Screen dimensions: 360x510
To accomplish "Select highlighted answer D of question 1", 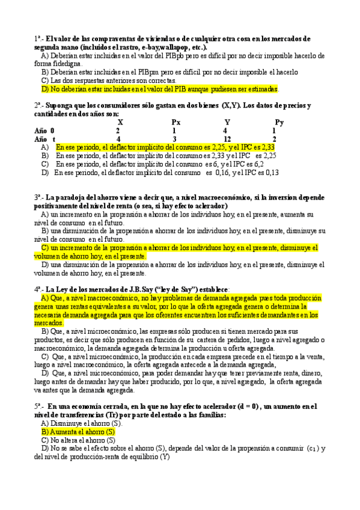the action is (x=159, y=89).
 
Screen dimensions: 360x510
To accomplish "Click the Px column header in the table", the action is (x=175, y=122).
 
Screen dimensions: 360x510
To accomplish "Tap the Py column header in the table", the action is (x=279, y=122).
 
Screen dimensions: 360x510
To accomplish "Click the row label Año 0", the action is (x=44, y=131).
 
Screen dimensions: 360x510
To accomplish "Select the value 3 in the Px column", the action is (x=174, y=139).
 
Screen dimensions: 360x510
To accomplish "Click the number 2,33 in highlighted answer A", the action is (x=269, y=147).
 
